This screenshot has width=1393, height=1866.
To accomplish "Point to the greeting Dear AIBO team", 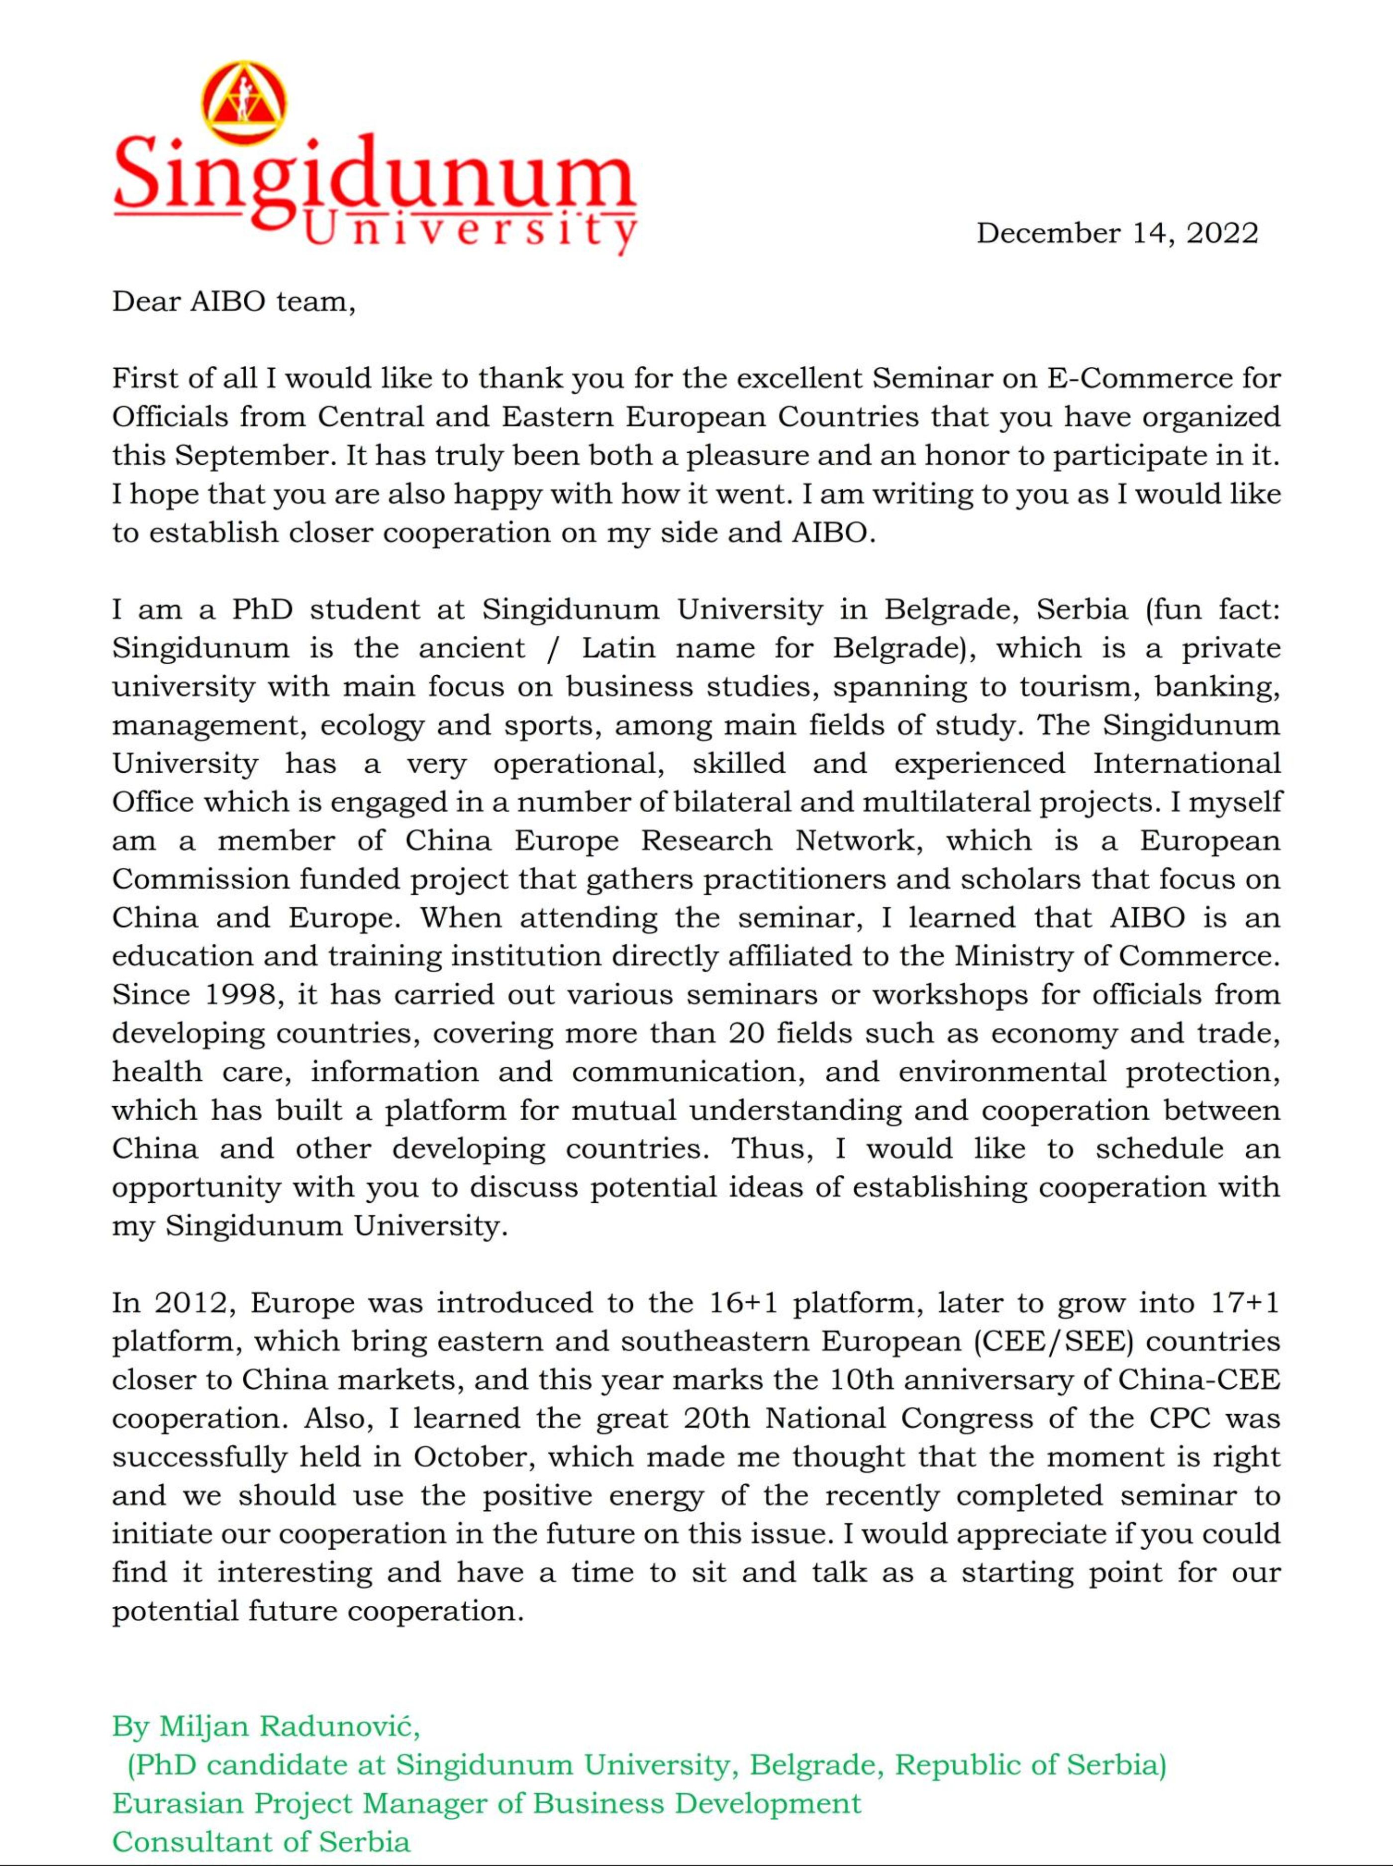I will (233, 301).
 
